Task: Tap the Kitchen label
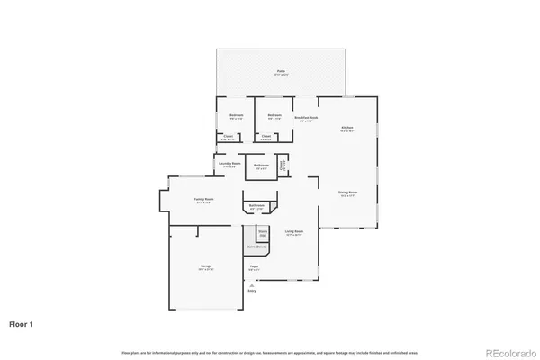coord(346,129)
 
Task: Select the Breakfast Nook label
coord(306,117)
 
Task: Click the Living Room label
coord(293,232)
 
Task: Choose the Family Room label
coord(203,200)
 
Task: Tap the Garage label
coord(205,266)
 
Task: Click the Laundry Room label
coord(229,166)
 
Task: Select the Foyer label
coord(255,267)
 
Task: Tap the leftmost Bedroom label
coord(236,116)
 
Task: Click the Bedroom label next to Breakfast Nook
coord(274,116)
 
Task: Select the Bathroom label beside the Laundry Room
coord(262,166)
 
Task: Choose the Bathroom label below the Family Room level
coord(256,207)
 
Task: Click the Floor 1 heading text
coord(22,321)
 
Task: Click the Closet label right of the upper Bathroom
coord(283,166)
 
